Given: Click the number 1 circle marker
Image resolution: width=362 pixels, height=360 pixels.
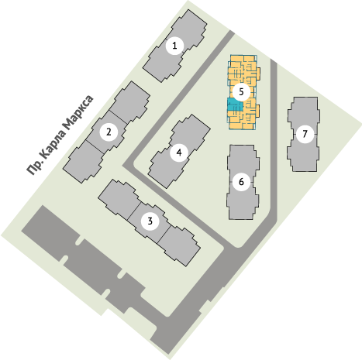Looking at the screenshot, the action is pos(174,46).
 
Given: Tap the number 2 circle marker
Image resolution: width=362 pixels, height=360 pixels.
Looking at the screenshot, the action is pos(109,132).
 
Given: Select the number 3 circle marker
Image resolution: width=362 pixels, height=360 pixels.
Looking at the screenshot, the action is pos(150,221).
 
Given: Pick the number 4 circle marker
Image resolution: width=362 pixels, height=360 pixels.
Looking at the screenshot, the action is pos(179,153).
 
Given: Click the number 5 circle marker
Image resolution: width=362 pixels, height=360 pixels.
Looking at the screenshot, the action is pos(241,91).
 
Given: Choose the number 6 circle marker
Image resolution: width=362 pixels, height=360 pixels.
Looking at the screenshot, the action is pos(241,182).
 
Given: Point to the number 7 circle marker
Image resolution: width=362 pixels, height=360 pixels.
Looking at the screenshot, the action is pos(305,134).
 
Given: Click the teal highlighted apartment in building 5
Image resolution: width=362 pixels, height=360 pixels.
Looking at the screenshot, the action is pos(234,106).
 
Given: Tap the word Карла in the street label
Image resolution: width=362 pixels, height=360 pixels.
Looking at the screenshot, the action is pos(52,144).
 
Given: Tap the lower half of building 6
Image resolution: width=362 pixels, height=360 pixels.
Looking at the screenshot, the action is pos(242,203).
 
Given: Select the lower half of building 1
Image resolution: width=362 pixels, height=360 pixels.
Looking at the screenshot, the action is pos(162,64).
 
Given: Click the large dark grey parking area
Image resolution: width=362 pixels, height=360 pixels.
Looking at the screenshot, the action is pos(85,261).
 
